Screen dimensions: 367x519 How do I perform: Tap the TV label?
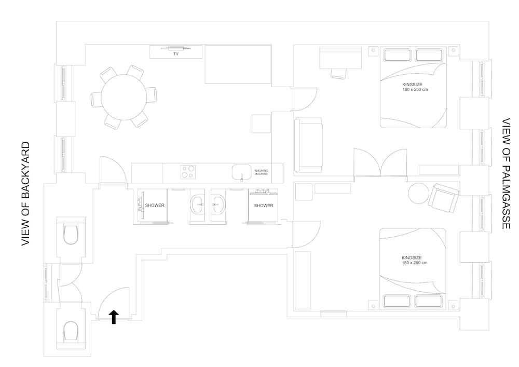click(176, 53)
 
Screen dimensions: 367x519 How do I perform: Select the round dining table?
click(124, 98)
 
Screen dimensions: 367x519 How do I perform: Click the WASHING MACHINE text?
click(261, 172)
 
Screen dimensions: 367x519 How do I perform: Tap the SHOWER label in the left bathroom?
click(155, 206)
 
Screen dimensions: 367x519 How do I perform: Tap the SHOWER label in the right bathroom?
click(263, 206)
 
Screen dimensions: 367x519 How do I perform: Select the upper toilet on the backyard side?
click(70, 234)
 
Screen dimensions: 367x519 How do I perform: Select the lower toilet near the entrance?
click(70, 330)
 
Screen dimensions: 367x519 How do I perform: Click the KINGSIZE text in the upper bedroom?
click(412, 84)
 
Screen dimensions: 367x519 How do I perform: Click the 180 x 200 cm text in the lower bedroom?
click(414, 263)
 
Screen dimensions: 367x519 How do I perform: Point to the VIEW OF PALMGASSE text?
click(506, 174)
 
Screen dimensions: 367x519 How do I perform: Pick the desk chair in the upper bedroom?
click(338, 73)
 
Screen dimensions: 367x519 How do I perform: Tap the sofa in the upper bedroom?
click(308, 145)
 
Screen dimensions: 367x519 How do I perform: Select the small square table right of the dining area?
click(261, 124)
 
